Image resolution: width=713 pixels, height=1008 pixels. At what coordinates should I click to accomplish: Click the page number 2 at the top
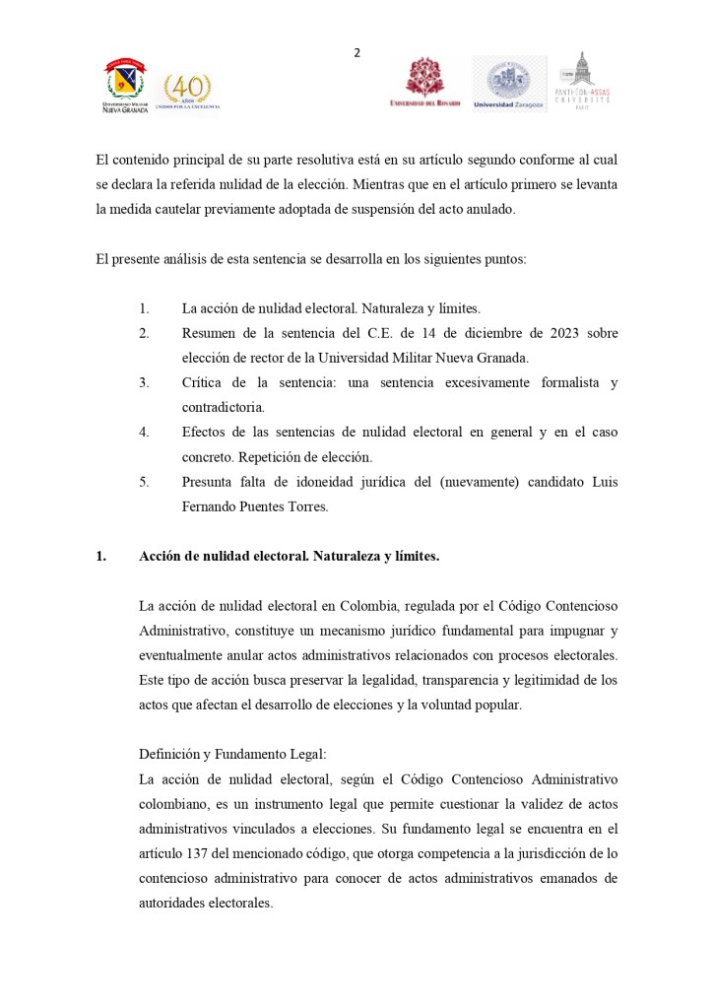point(356,53)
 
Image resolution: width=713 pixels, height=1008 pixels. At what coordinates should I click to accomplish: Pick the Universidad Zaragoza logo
point(508,84)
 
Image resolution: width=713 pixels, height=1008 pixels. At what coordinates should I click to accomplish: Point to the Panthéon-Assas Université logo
point(583,81)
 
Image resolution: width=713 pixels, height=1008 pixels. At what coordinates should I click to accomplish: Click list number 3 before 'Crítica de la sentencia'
point(144,382)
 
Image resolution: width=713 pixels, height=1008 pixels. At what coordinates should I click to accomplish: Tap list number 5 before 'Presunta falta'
point(144,482)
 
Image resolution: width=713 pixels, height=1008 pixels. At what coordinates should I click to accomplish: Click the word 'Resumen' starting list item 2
point(209,333)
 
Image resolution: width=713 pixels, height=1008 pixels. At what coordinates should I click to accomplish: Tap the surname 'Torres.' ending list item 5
point(303,506)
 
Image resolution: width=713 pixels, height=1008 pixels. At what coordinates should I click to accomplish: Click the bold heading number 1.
point(100,557)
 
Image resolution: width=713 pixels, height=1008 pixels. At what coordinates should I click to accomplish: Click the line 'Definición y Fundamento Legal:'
point(232,754)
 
